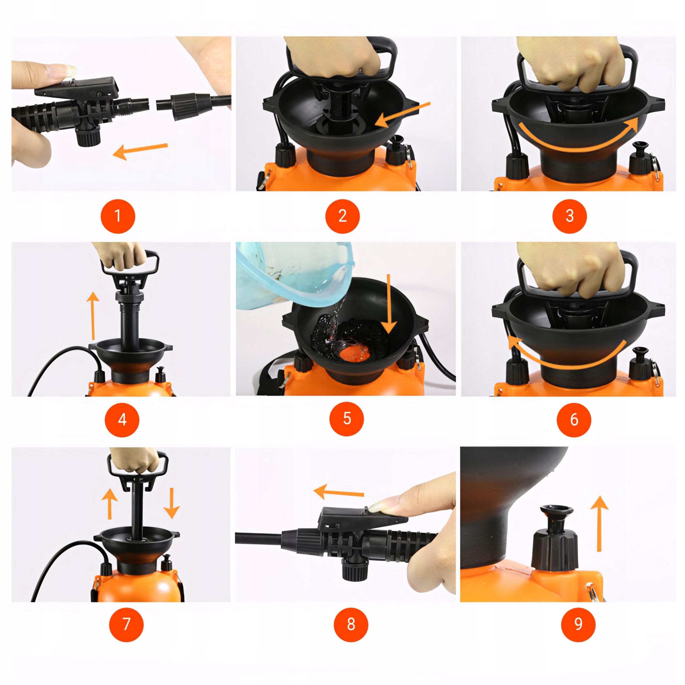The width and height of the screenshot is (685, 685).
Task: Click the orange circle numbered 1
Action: (118, 216)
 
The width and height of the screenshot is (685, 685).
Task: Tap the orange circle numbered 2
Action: (342, 216)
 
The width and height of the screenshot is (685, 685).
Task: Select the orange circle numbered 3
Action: (570, 216)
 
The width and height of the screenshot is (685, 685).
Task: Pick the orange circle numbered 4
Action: (122, 420)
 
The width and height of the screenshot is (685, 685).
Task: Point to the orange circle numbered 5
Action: (347, 419)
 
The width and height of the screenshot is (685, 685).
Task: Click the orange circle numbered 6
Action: (574, 420)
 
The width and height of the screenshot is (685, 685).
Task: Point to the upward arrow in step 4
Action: (93, 315)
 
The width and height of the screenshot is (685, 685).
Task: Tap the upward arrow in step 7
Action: (109, 504)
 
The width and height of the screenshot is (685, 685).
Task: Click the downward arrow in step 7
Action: (172, 503)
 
